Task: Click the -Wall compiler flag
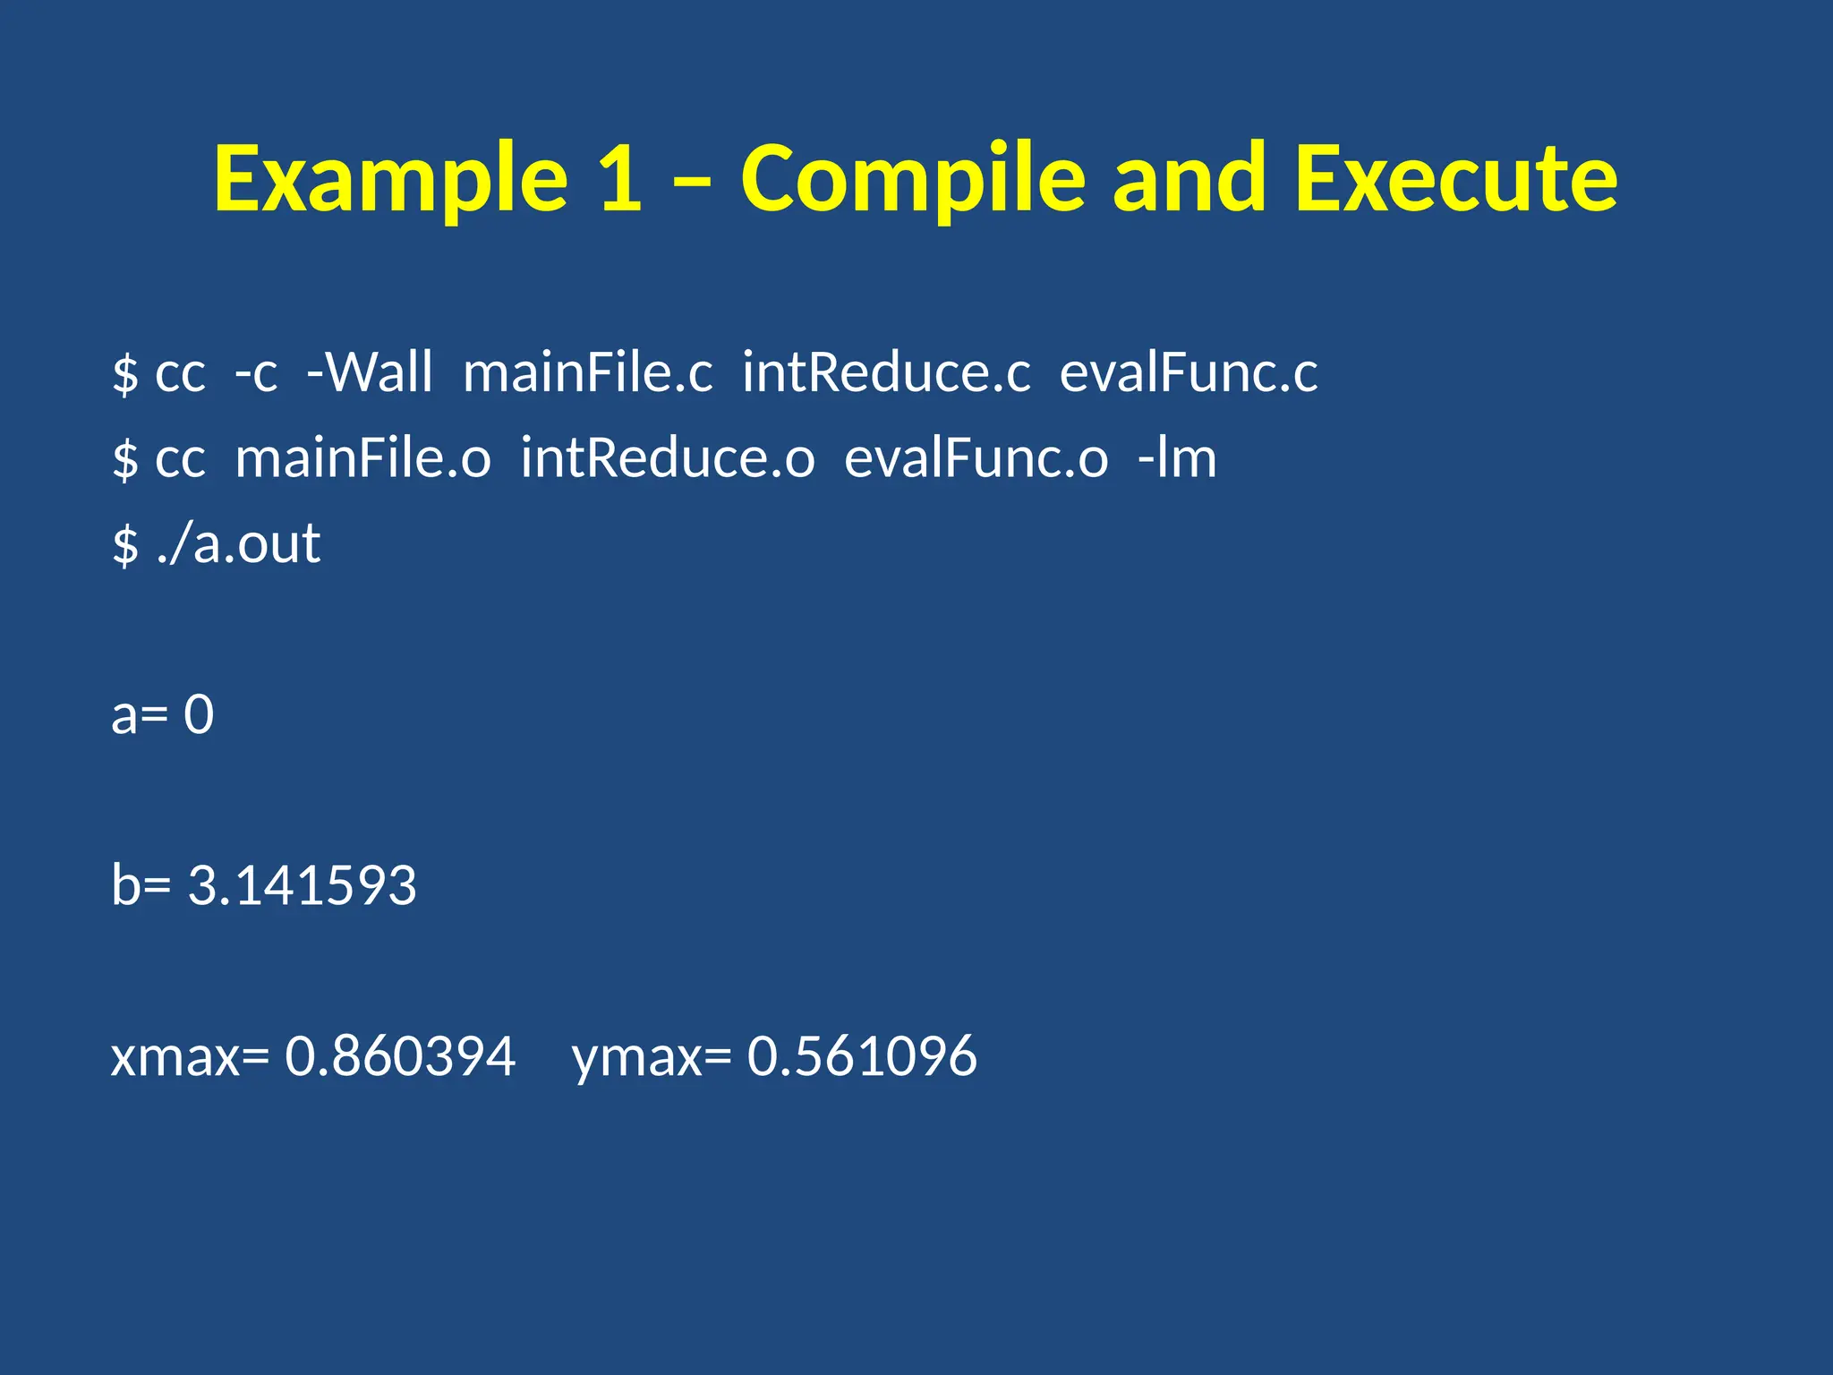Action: coord(369,372)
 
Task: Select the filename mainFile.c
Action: coord(588,372)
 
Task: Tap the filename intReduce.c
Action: coord(886,372)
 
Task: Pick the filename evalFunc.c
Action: coord(1189,372)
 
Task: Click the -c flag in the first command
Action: coord(256,372)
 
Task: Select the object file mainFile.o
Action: coord(362,457)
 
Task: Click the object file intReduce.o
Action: coord(668,457)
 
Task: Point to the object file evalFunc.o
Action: coord(976,457)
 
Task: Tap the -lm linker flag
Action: coord(1177,457)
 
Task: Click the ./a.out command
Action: coord(238,543)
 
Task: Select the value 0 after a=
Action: coord(199,714)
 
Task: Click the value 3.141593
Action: coord(302,885)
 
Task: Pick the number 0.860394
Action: coord(400,1056)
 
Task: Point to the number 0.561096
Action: coord(862,1056)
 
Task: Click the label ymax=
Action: coord(652,1056)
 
